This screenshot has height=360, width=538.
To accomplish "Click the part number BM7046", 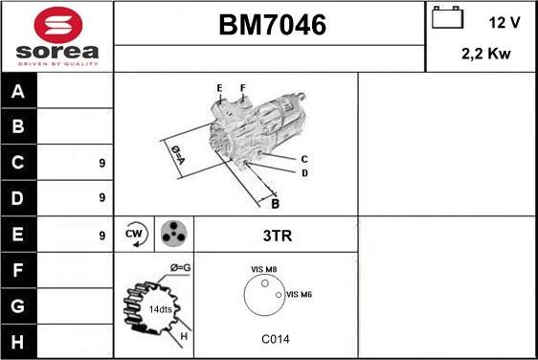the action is click(269, 26).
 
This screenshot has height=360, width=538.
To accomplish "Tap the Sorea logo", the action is click(57, 36).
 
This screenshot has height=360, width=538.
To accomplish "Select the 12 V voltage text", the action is click(503, 21).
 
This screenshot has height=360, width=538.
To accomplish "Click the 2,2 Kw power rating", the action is click(486, 55).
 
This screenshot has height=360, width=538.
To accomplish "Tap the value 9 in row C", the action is click(101, 164).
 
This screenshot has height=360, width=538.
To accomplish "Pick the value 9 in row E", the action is click(101, 234).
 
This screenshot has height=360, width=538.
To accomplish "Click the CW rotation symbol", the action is click(134, 233).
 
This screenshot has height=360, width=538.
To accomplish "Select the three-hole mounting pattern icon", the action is click(172, 233).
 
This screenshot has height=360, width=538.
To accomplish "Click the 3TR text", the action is click(276, 234).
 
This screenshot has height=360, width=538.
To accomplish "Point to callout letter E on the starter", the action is click(219, 88).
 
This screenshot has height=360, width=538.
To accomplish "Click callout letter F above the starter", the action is click(243, 88).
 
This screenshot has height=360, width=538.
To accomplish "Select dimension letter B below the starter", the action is click(275, 203).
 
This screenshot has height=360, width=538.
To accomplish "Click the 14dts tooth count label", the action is click(160, 309).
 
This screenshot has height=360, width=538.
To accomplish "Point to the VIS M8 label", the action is click(263, 270).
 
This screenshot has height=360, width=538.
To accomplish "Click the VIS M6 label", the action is click(300, 294).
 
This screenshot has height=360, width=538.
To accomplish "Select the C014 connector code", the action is click(276, 339).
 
